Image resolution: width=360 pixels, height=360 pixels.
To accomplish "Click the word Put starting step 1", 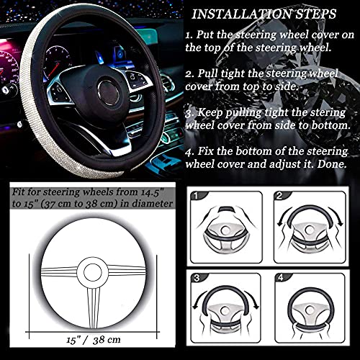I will pyautogui.click(x=209, y=35).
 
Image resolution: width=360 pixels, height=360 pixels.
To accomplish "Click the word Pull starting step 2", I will pyautogui.click(x=211, y=73).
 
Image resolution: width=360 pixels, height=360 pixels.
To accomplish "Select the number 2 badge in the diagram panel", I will pyautogui.click(x=280, y=195).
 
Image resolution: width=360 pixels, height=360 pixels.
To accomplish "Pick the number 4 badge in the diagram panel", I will pyautogui.click(x=280, y=279).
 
